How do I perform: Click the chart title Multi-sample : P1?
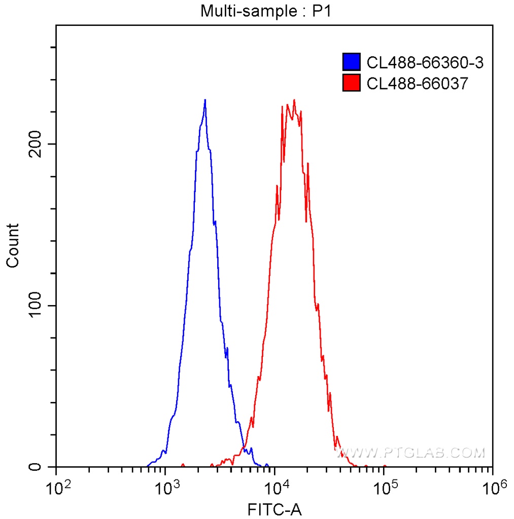[265, 11]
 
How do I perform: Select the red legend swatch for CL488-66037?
[352, 83]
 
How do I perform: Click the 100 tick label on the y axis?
[36, 306]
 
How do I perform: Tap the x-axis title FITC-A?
[275, 509]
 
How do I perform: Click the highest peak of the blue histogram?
[205, 100]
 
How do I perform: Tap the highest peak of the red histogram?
[294, 100]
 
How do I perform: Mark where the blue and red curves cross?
[244, 446]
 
